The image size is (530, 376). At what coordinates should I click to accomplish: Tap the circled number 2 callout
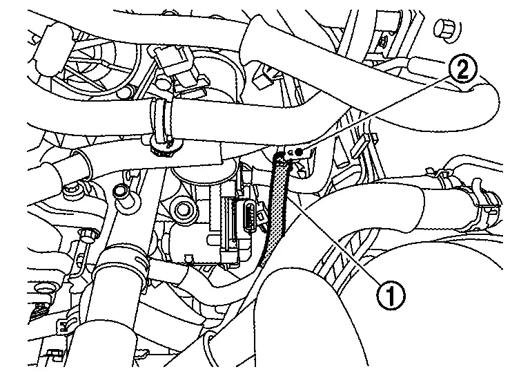tap(463, 69)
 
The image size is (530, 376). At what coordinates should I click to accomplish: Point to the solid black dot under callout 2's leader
tap(298, 153)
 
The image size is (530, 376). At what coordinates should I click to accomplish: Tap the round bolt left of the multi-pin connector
tap(183, 209)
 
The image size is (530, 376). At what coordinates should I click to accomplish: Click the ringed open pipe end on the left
tap(77, 170)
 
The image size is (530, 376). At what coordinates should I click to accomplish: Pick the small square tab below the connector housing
tap(188, 260)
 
